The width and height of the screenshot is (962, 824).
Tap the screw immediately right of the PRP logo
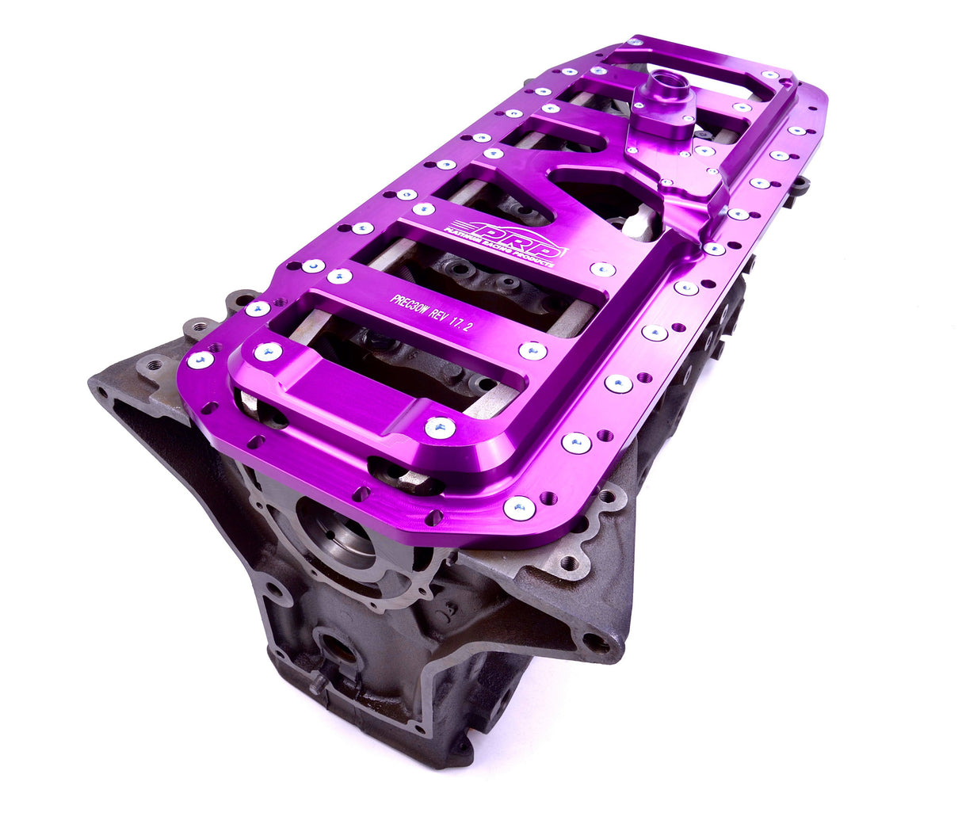click(602, 269)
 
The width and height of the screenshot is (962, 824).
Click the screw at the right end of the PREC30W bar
click(533, 350)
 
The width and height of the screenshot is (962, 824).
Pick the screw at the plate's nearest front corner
click(519, 508)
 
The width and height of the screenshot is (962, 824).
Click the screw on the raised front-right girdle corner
click(440, 428)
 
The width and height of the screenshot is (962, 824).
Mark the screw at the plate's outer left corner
click(200, 360)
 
